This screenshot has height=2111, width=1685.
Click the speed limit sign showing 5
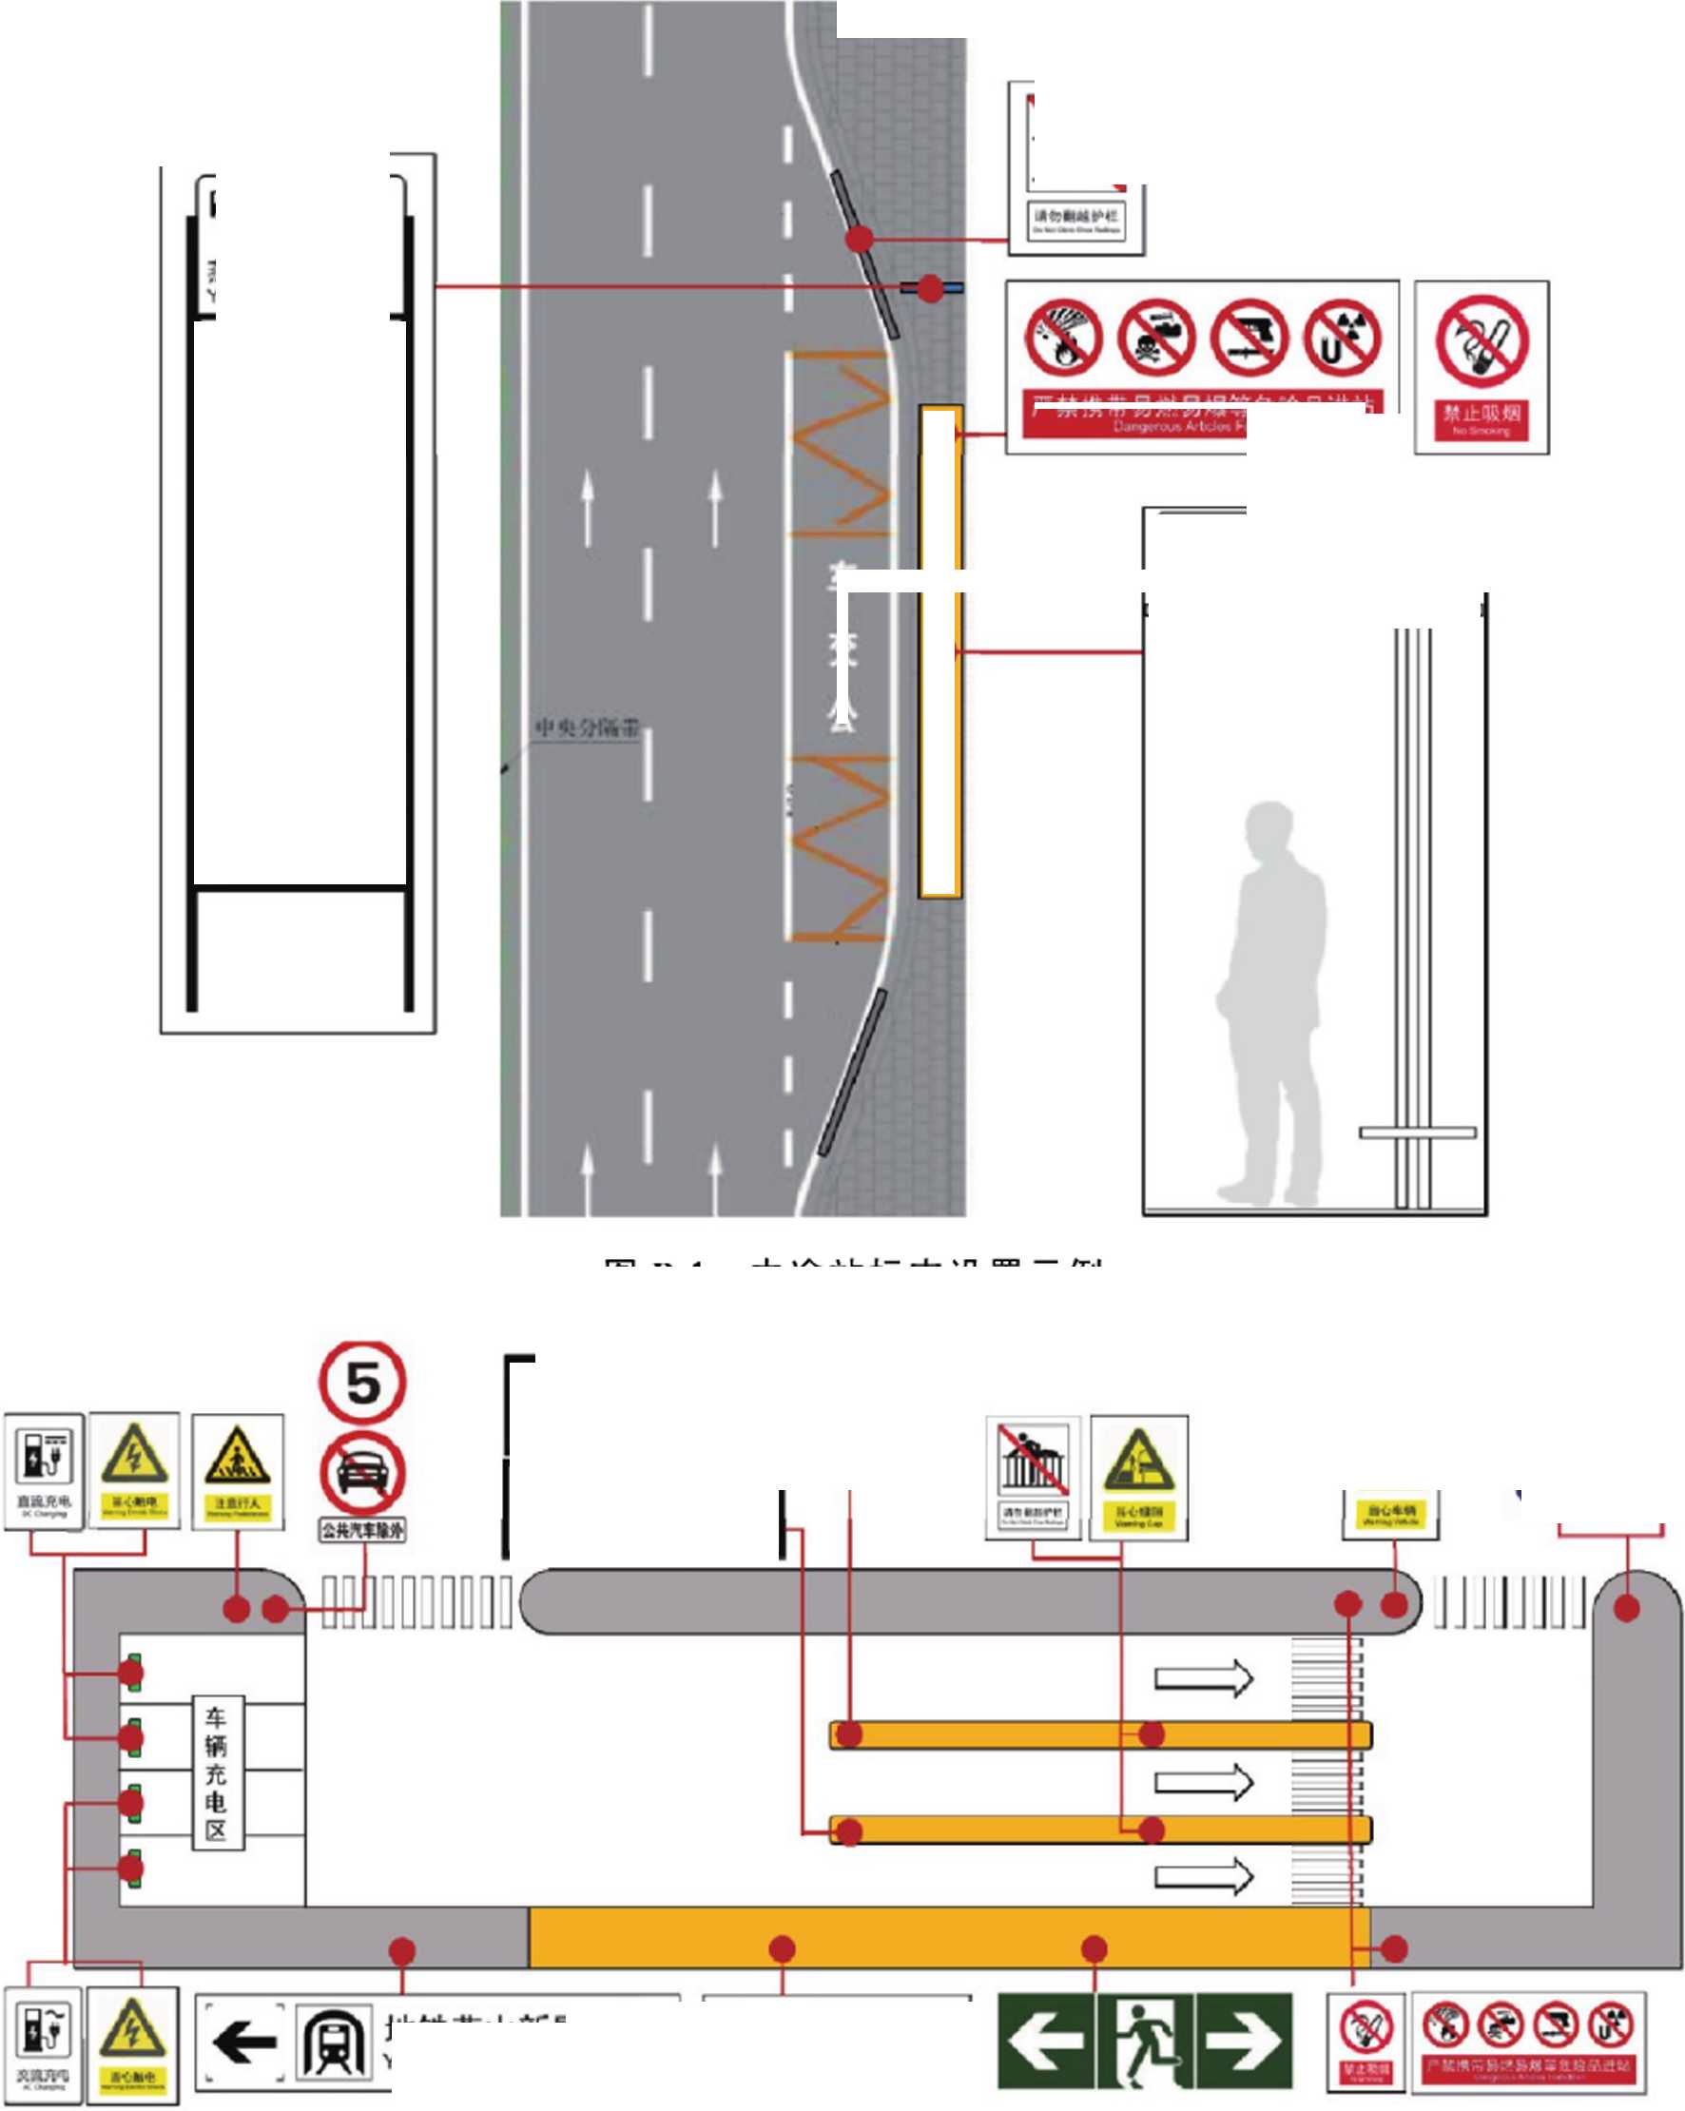coord(361,1382)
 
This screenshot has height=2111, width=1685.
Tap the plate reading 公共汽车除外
coord(361,1529)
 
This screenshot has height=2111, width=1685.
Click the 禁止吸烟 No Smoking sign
coord(1482,367)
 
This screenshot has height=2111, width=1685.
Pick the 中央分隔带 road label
coord(587,727)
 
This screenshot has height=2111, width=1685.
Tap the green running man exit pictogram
coord(1145,2042)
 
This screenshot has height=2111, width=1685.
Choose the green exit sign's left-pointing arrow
coord(1045,2042)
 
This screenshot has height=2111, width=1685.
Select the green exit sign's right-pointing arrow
coord(1245,2042)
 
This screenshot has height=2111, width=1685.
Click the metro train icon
coord(333,2043)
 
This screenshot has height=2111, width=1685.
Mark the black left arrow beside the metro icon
coord(243,2043)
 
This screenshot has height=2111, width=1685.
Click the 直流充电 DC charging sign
coord(43,1470)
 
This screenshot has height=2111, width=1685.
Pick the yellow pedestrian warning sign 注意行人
coord(237,1470)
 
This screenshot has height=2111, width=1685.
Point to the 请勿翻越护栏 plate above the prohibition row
coord(1076,222)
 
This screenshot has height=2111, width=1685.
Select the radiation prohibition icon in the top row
coord(1343,338)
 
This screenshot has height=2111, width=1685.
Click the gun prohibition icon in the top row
coord(1249,338)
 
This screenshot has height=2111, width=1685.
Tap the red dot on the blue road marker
coord(930,288)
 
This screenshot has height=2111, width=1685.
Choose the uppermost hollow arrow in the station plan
coord(1203,1677)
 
